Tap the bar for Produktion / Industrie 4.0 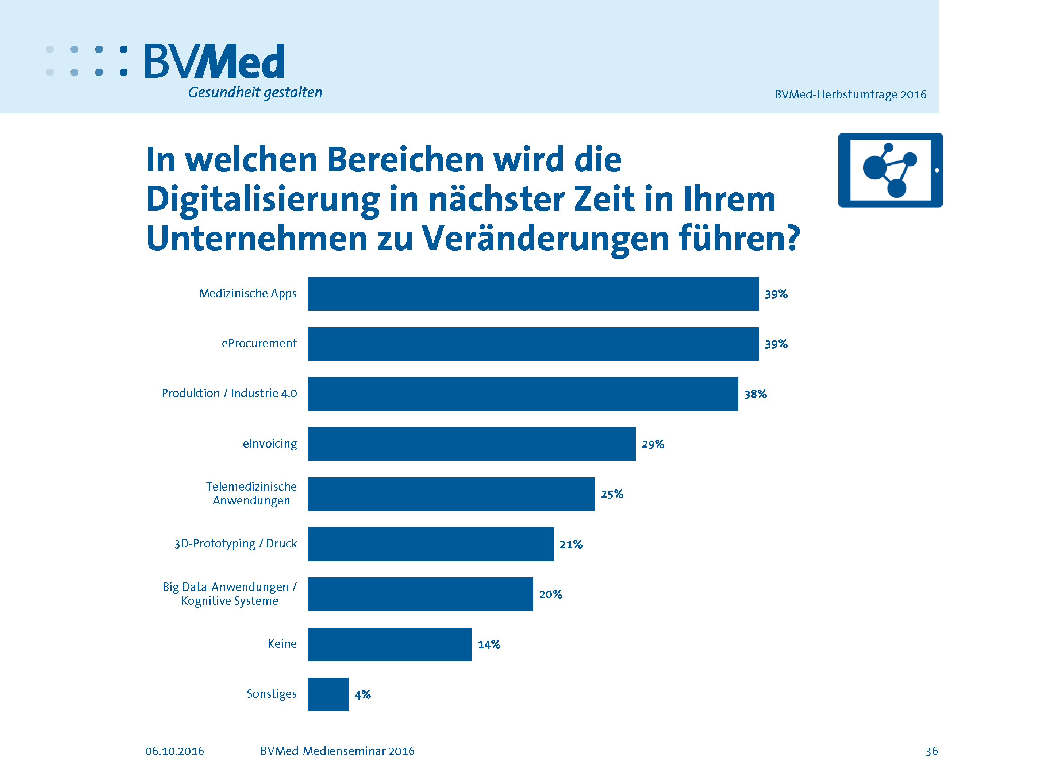pos(522,394)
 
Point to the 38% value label pos(755,394)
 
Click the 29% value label pos(653,444)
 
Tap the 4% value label pos(362,694)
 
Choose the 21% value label pos(570,544)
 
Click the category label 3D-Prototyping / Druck pos(235,543)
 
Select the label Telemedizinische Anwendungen pos(251,493)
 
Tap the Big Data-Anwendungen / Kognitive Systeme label pos(230,594)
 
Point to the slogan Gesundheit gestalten pos(255,92)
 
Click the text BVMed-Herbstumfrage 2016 pos(850,95)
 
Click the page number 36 pos(931,751)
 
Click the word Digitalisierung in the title pos(262,199)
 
